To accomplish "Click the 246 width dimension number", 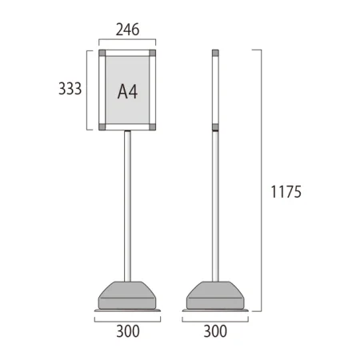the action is pyautogui.click(x=127, y=30).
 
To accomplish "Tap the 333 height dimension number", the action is pyautogui.click(x=70, y=89).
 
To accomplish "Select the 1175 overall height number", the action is pyautogui.click(x=286, y=192).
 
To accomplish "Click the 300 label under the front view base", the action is pyautogui.click(x=128, y=331).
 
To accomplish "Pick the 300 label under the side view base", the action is pyautogui.click(x=215, y=331).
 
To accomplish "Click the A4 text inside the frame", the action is pyautogui.click(x=127, y=91).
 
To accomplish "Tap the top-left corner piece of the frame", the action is pyautogui.click(x=102, y=53).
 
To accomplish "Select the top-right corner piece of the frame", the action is pyautogui.click(x=153, y=53).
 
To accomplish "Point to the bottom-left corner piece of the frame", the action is pyautogui.click(x=102, y=127).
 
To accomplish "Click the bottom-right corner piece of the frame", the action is pyautogui.click(x=153, y=127).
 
